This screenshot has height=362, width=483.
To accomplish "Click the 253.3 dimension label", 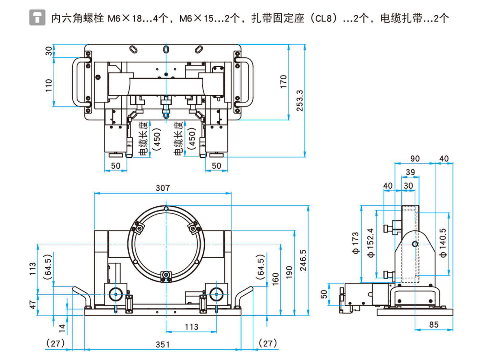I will (299, 100).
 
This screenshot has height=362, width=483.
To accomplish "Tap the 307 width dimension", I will (163, 188).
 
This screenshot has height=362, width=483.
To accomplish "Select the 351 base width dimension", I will (163, 344).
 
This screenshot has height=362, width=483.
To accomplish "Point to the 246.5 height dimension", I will (303, 260).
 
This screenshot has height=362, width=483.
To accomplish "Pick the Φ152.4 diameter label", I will (371, 243).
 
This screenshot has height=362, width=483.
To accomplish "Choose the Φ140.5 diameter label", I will (443, 243).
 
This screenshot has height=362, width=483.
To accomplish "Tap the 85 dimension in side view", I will (433, 325).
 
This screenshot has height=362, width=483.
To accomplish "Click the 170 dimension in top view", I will (283, 81).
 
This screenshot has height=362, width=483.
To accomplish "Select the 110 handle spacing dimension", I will (49, 85).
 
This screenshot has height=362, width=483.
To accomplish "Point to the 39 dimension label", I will (410, 172).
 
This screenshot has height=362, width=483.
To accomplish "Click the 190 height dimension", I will (289, 272).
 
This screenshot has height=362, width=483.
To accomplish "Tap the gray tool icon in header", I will (37, 17).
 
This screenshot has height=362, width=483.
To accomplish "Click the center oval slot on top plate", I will (165, 49).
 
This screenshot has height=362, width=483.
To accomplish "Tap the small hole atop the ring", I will (166, 208).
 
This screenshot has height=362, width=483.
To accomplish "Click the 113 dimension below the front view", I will (191, 327).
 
